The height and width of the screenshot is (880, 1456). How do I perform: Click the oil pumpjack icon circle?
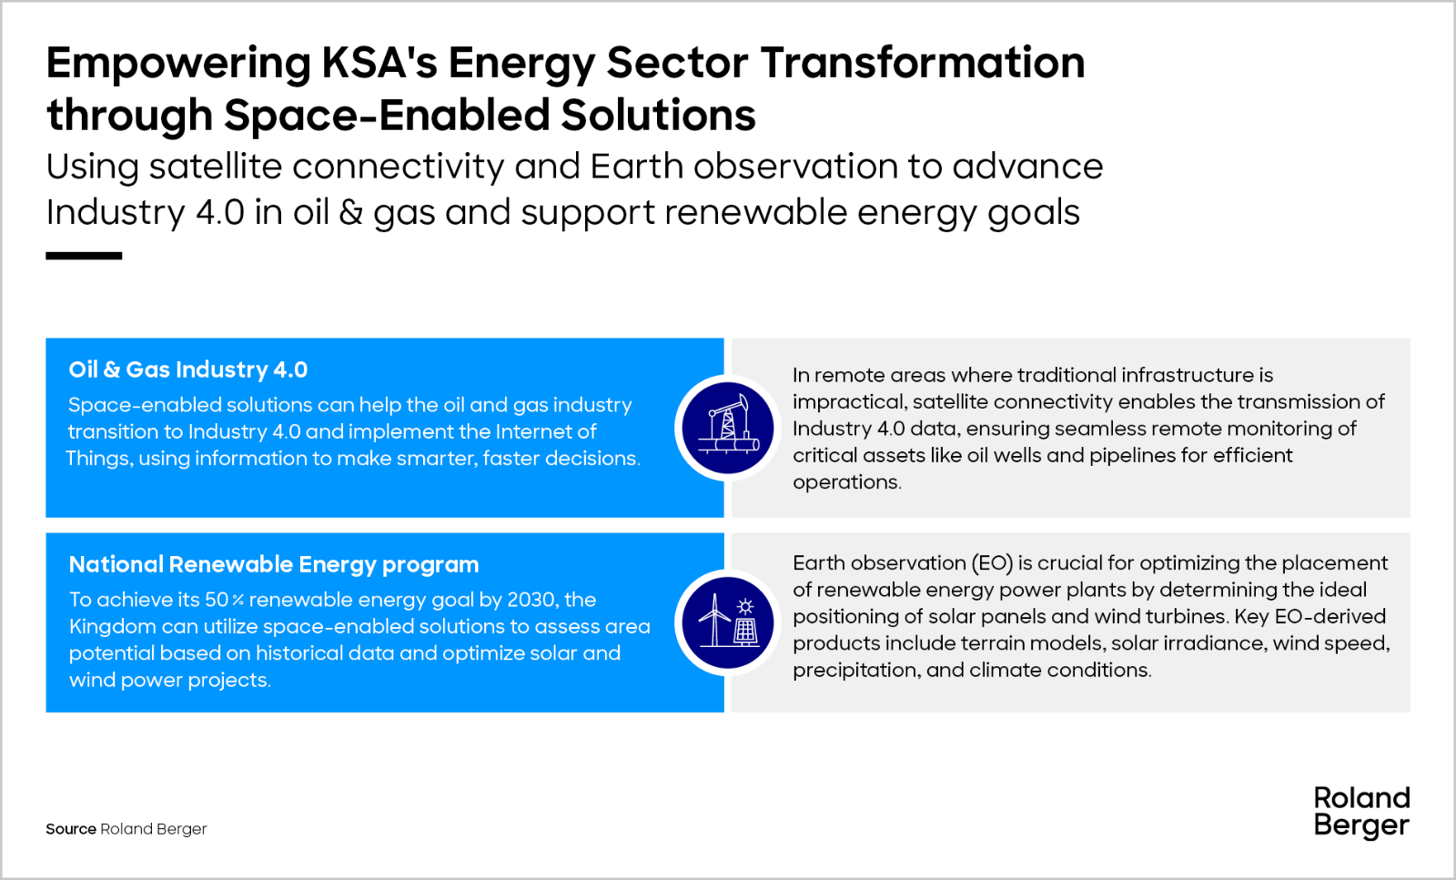(x=728, y=429)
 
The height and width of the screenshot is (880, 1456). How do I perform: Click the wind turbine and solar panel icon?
(x=728, y=622)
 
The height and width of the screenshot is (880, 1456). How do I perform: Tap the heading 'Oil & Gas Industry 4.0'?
(x=187, y=369)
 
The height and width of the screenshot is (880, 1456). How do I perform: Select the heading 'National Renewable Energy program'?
(x=274, y=565)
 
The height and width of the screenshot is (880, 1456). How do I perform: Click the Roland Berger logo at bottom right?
(x=1361, y=812)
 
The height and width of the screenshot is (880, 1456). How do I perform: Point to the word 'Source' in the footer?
(x=71, y=829)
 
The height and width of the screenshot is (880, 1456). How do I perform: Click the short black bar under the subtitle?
(x=84, y=256)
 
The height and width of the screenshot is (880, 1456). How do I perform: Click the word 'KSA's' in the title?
(x=379, y=63)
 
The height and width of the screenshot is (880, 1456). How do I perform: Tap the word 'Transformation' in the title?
(x=923, y=63)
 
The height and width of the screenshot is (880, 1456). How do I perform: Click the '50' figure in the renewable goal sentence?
(x=217, y=599)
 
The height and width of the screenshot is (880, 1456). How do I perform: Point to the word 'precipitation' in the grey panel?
(x=856, y=670)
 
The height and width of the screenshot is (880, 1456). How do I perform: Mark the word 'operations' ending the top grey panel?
(x=847, y=482)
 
